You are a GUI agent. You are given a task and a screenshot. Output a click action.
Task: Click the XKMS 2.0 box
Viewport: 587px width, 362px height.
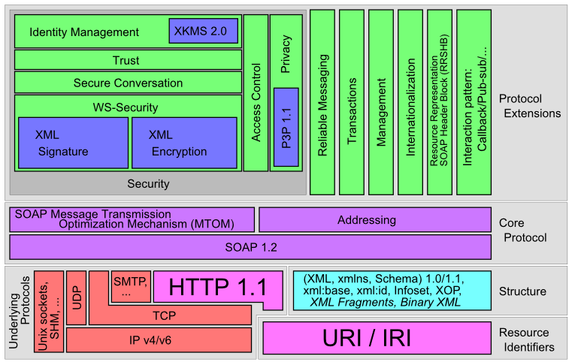click(x=203, y=31)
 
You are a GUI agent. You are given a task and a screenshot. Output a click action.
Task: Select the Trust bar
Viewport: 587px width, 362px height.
click(x=127, y=60)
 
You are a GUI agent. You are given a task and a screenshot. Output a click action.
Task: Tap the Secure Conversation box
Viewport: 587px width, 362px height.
click(x=127, y=83)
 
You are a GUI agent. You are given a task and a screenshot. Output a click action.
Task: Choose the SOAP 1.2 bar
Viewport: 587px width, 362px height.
click(x=250, y=246)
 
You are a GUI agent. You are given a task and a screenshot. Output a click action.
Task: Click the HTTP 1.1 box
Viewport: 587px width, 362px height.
click(x=217, y=287)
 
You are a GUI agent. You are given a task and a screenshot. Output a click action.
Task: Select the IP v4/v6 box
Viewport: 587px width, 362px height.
click(x=159, y=340)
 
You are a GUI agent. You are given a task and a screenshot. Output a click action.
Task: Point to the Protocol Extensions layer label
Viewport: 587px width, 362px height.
click(x=530, y=106)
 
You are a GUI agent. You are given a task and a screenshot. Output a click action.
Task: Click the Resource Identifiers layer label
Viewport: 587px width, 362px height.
click(x=527, y=339)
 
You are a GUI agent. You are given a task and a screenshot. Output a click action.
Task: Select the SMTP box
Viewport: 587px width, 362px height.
click(x=132, y=285)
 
